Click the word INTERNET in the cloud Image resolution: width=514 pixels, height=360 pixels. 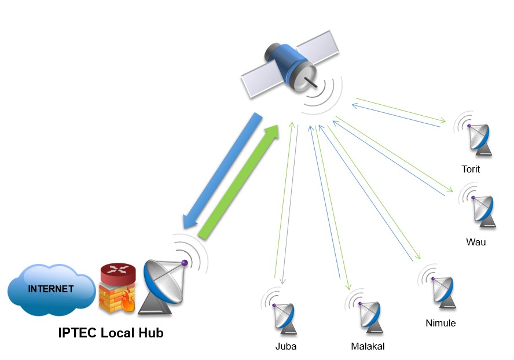[x=52, y=288]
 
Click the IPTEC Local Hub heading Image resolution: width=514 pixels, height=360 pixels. [x=111, y=333]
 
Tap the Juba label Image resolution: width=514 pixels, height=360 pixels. [x=286, y=347]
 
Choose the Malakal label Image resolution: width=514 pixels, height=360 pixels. [x=368, y=347]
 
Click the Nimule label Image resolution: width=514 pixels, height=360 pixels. [x=440, y=323]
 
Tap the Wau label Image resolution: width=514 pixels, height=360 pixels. [x=476, y=241]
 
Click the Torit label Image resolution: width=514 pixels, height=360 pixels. [x=471, y=170]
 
